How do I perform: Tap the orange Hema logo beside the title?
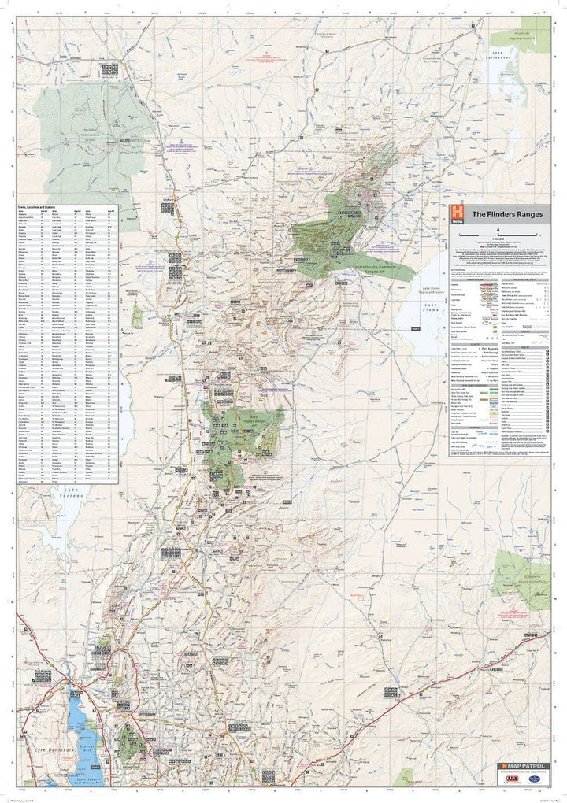457,213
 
